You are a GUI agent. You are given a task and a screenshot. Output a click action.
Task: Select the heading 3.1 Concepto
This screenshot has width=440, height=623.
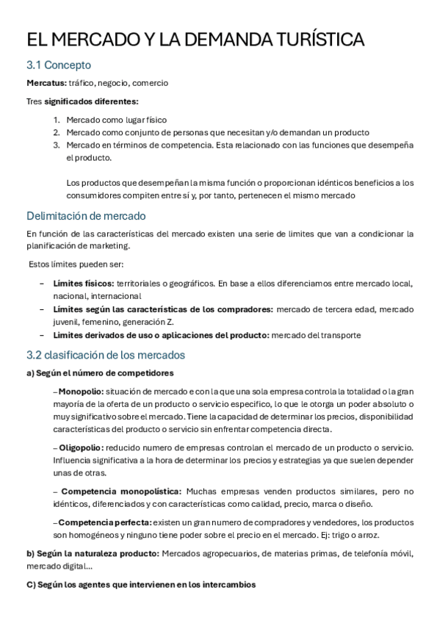pos(59,65)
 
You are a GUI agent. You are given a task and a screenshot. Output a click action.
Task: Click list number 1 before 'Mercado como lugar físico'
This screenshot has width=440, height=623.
pos(57,119)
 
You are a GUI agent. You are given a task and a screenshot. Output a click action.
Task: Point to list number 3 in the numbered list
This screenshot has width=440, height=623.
pos(57,145)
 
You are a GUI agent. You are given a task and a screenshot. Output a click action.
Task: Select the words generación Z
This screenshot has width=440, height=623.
pos(168,322)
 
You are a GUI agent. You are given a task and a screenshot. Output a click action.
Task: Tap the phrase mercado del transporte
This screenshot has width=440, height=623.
pos(316,335)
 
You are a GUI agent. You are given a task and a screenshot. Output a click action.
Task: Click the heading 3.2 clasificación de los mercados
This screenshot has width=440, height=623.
pos(105,355)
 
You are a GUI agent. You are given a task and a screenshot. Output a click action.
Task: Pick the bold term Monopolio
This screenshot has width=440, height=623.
pos(82,392)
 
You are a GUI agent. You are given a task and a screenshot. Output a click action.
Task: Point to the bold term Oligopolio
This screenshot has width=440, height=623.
pos(82,447)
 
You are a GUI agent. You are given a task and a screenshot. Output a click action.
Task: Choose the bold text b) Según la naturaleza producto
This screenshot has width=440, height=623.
pos(92,552)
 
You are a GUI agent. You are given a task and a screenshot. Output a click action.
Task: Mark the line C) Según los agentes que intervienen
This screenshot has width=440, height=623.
pos(141,585)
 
